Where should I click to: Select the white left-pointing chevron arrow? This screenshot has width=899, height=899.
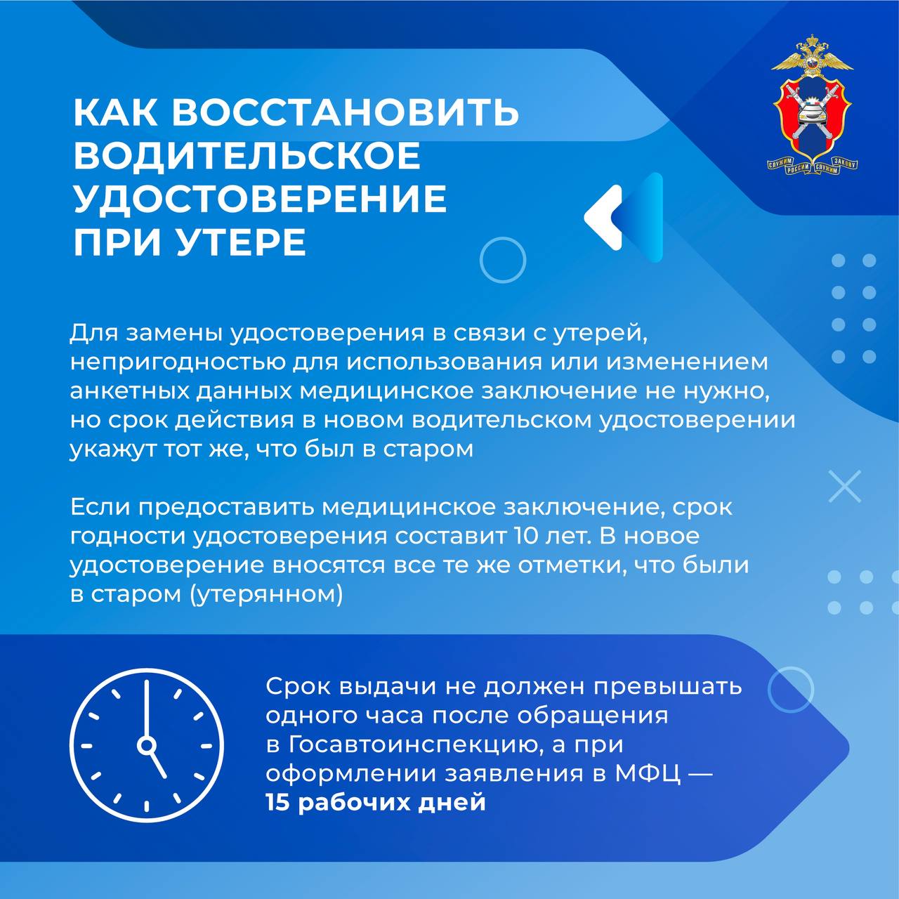point(603,217)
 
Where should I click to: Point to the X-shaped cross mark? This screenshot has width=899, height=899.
point(844,487)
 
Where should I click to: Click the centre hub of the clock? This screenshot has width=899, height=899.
point(147,745)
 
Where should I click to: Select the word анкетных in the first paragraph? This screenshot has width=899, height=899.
point(129,392)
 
